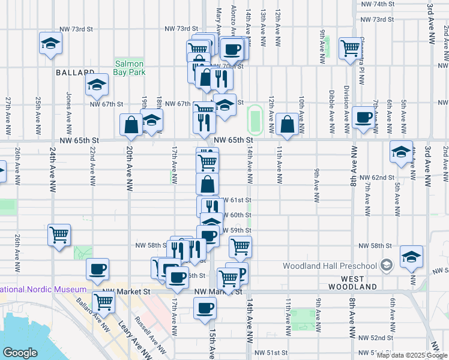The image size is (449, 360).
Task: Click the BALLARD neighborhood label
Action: [76, 73]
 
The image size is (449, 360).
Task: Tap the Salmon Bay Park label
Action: [130, 68]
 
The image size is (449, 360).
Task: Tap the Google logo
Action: [20, 353]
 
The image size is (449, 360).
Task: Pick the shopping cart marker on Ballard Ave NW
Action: [103, 303]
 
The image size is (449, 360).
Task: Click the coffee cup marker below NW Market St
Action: [205, 308]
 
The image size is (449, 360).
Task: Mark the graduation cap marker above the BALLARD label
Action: [51, 43]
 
